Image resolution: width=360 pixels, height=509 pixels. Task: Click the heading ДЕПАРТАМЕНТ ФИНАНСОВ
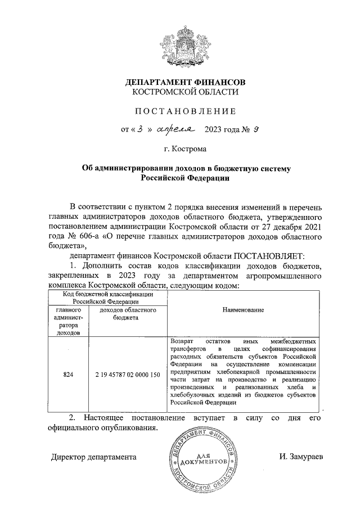(x=185, y=82)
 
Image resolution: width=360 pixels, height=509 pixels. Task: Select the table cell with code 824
(x=68, y=373)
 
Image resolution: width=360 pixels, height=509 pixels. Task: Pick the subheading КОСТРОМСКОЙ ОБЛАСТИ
(x=185, y=92)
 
